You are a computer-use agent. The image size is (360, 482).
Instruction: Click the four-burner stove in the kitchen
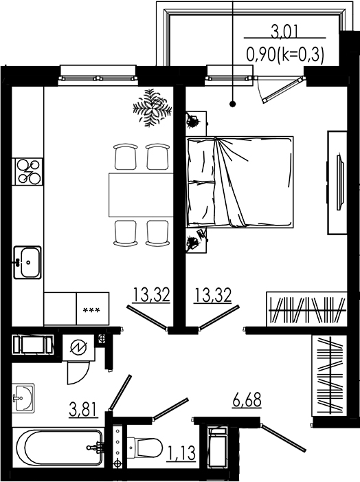pos(28,171)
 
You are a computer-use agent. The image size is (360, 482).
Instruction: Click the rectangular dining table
pos(140,195)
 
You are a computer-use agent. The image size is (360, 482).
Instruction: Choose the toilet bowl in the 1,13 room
pos(146,448)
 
